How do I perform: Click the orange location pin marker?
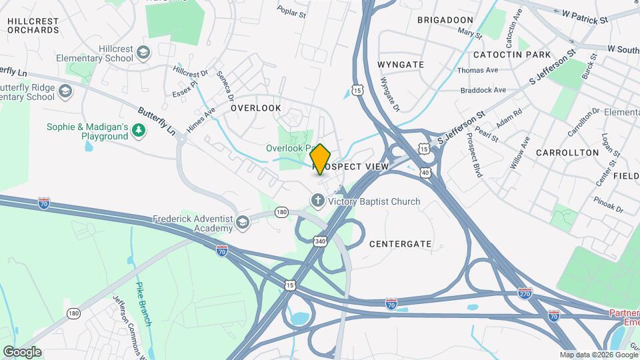point(321,159)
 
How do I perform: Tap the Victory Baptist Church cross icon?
point(318,201)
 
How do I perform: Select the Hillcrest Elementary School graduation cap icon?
point(143,53)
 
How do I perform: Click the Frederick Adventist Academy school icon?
point(241,223)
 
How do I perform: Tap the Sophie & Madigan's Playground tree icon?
point(139,131)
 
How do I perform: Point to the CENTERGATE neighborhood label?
point(401,244)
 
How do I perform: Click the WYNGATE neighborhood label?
point(401,64)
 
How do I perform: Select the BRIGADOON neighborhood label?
point(445,20)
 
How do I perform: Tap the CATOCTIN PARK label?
point(512,54)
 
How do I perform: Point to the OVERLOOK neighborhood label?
point(256,108)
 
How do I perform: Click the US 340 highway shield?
point(321,241)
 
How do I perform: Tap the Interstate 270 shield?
point(525,292)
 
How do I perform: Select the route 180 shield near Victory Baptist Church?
point(281,212)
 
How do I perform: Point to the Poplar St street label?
point(291,12)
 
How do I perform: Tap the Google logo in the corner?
point(22,351)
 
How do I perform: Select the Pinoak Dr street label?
point(609,204)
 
